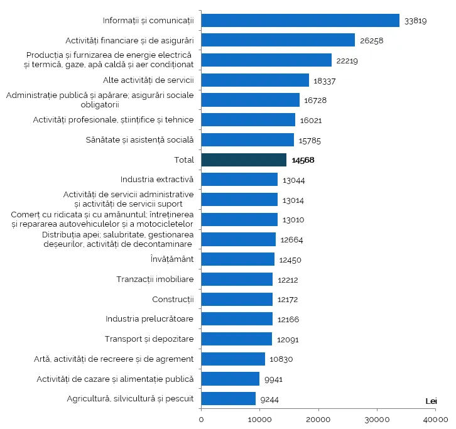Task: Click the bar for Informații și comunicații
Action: (x=300, y=21)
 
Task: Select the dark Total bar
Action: (x=244, y=160)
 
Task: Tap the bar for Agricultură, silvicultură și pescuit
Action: (x=229, y=399)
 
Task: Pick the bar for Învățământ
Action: (x=238, y=259)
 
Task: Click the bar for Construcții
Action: (x=237, y=299)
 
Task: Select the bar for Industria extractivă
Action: (x=239, y=180)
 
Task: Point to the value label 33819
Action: (x=416, y=21)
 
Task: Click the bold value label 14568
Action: (x=303, y=160)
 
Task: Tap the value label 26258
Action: (x=371, y=41)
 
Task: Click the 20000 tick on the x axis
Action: (x=318, y=419)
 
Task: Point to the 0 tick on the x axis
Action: (x=201, y=419)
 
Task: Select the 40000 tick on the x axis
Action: (x=435, y=419)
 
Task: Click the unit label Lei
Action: (x=431, y=401)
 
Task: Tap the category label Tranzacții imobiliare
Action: (x=155, y=279)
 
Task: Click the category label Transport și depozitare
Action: (x=149, y=339)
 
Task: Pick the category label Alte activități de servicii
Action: (x=148, y=80)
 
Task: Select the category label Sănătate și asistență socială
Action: (x=139, y=139)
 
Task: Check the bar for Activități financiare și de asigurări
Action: (x=278, y=41)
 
